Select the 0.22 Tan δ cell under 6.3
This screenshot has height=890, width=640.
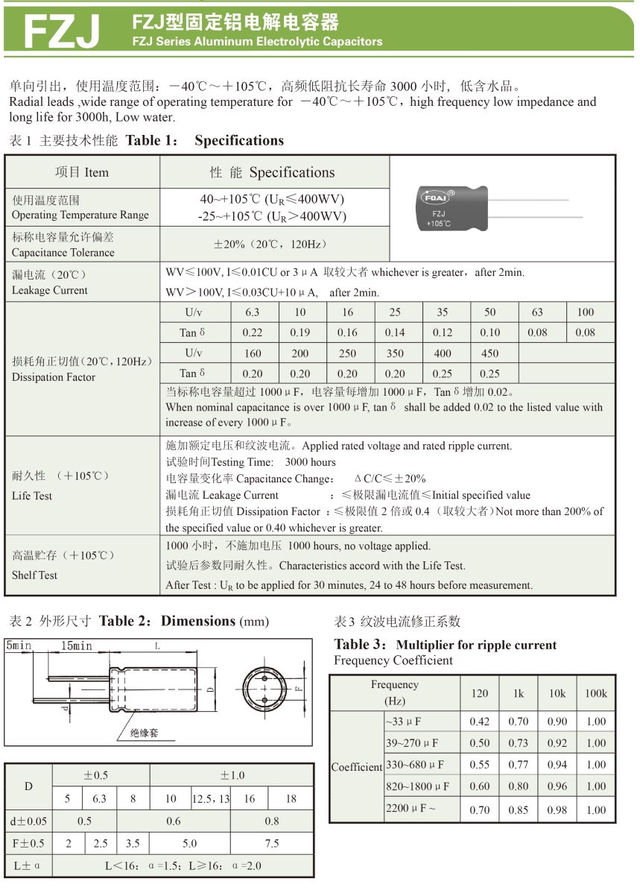[x=253, y=332]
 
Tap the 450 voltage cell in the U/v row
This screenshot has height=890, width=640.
[x=489, y=353]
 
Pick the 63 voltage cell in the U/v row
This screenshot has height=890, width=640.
[x=537, y=312]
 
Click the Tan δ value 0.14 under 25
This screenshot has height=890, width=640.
[x=395, y=332]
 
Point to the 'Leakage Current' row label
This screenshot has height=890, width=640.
[x=50, y=283]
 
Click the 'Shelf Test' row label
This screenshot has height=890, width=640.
[x=34, y=575]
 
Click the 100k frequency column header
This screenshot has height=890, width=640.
[x=595, y=693]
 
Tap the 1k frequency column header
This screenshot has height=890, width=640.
[x=519, y=693]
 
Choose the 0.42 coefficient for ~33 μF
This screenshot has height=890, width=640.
[x=480, y=722]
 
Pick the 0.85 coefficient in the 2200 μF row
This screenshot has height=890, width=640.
[x=519, y=809]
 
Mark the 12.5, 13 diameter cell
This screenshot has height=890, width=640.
[x=211, y=798]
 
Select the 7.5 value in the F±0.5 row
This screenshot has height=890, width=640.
[x=272, y=844]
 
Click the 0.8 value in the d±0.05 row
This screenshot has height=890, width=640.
[x=272, y=821]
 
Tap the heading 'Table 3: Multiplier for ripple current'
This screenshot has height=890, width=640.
[x=445, y=645]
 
